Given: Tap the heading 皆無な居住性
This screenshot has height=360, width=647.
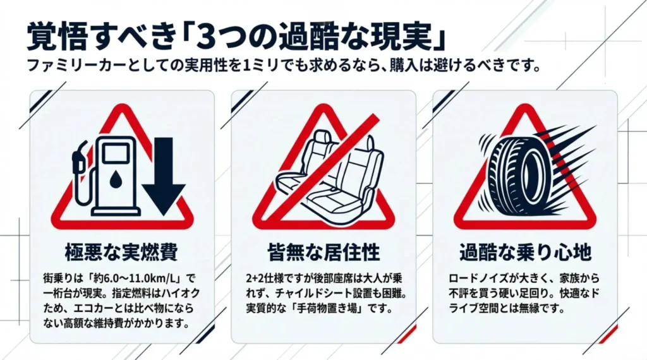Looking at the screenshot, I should coord(323,253).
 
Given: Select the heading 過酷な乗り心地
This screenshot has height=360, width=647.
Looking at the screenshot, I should coord(525,253).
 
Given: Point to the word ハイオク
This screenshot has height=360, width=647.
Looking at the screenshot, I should coord(178,294).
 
